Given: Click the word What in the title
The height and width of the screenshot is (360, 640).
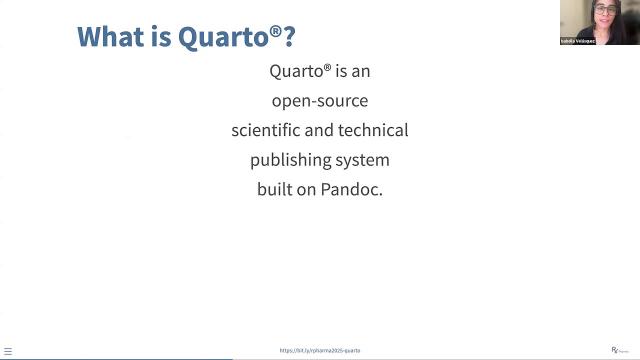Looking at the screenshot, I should point(110,37).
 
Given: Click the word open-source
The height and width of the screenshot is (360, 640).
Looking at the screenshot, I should point(320,101).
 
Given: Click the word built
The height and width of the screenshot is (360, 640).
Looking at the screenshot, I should point(276,189).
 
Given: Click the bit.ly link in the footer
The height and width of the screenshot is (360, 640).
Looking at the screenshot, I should point(320,350).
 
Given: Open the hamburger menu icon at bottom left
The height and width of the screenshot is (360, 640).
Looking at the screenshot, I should point(8,350).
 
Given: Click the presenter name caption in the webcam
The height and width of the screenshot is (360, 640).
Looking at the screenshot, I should point(578,41).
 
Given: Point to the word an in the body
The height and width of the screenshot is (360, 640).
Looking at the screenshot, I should point(361,72).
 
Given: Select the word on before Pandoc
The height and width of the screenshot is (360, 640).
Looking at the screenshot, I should point(310,189).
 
